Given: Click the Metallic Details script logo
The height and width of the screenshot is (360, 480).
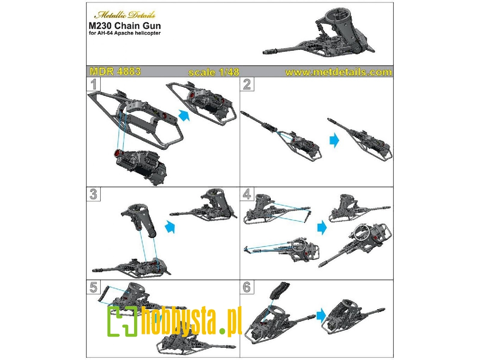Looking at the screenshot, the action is point(125,15).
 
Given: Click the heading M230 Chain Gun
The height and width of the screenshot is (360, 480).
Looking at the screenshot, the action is point(125,26).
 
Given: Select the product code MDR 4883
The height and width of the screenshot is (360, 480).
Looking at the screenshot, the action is point(115,72).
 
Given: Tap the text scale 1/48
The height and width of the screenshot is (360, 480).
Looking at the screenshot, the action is point(214,72).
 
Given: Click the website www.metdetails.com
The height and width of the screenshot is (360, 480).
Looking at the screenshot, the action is point(338,72).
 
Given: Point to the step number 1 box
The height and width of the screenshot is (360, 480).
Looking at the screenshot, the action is point(94,84).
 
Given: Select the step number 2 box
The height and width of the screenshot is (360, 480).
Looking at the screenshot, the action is point(247,84).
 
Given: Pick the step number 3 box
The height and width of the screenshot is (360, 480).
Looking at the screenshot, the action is point(94,194).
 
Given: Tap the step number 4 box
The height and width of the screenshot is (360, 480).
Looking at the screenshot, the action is point(247,194).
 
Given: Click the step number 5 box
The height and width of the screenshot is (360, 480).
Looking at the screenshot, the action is point(94,287).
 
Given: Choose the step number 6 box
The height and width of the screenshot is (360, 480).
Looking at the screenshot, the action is point(247,287).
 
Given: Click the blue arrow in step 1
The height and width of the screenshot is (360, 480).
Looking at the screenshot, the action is point(184,115).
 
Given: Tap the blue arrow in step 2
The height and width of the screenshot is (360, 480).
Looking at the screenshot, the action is point(334,140).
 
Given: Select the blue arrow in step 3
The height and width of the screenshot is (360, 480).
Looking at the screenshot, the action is point(170,227).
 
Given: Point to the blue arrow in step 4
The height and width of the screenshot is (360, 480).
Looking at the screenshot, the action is point(322,228).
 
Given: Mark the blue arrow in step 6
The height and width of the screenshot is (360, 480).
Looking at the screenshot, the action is point(321,315).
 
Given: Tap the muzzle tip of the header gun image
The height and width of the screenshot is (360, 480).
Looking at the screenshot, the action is point(264,53).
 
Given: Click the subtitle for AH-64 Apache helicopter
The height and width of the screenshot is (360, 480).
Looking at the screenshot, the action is point(125,33).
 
